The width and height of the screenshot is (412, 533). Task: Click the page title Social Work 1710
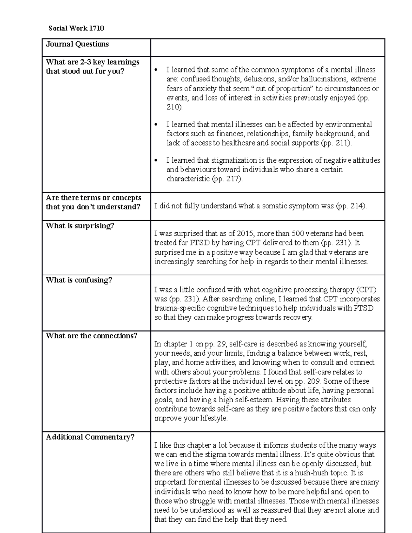pyautogui.click(x=76, y=28)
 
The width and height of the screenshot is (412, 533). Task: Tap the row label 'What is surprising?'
pyautogui.click(x=80, y=226)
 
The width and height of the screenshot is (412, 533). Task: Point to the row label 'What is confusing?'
pyautogui.click(x=79, y=280)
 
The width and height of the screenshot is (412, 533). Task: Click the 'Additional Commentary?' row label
pyautogui.click(x=90, y=437)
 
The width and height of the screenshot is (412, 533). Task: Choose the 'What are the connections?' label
pyautogui.click(x=92, y=336)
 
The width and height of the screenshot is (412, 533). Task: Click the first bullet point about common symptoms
pyautogui.click(x=156, y=70)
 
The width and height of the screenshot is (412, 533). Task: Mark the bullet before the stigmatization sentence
pyautogui.click(x=156, y=161)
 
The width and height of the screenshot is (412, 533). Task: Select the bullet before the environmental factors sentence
pyautogui.click(x=156, y=125)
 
